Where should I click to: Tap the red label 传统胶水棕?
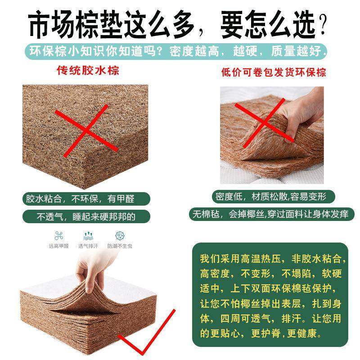point(88,71)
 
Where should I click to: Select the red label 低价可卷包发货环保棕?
point(274,72)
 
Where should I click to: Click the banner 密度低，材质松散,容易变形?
point(274,197)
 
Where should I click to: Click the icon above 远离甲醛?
point(59,235)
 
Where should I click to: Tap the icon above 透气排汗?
point(89,235)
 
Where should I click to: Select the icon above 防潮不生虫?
point(119,235)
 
